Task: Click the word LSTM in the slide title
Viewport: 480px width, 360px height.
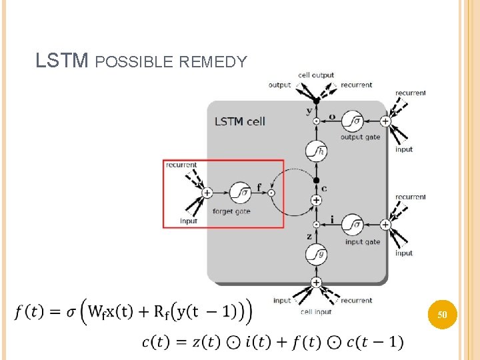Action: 61,62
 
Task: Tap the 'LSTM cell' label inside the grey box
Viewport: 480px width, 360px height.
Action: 239,121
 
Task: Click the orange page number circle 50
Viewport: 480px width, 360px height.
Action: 442,313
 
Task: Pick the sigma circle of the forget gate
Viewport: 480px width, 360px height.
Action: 239,193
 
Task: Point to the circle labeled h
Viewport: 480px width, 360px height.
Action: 316,151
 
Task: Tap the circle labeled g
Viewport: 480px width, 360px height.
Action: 316,254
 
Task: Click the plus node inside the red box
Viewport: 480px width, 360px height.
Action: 207,193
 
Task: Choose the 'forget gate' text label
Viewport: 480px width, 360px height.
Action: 231,211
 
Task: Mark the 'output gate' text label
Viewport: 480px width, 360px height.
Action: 360,137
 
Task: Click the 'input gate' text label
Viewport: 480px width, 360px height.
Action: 362,242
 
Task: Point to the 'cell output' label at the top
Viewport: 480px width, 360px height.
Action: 316,75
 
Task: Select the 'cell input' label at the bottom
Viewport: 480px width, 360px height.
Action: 316,311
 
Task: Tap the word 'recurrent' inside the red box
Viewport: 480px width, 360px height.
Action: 181,165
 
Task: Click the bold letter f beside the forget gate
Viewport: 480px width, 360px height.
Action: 259,187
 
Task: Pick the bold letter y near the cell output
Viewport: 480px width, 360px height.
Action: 309,111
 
